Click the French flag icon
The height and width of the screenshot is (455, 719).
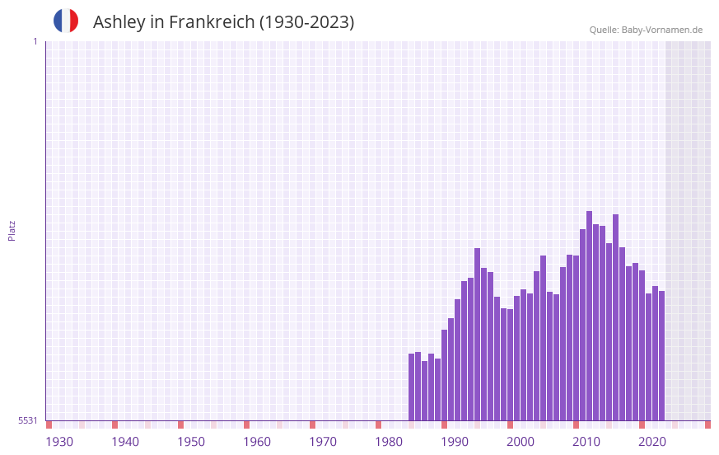66,21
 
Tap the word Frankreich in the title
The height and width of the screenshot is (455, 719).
212,22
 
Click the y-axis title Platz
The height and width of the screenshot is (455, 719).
12,230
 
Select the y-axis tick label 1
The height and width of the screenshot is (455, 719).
35,41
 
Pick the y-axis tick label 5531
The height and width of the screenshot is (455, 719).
28,420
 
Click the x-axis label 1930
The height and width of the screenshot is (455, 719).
59,442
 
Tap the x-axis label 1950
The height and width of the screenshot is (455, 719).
191,442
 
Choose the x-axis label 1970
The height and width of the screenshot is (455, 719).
323,442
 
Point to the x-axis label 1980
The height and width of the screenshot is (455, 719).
389,442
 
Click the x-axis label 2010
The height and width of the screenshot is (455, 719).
586,442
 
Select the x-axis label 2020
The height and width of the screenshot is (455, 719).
652,442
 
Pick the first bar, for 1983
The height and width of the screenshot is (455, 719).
411,387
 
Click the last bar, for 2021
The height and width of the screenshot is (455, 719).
661,355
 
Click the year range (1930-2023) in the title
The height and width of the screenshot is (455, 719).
306,22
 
